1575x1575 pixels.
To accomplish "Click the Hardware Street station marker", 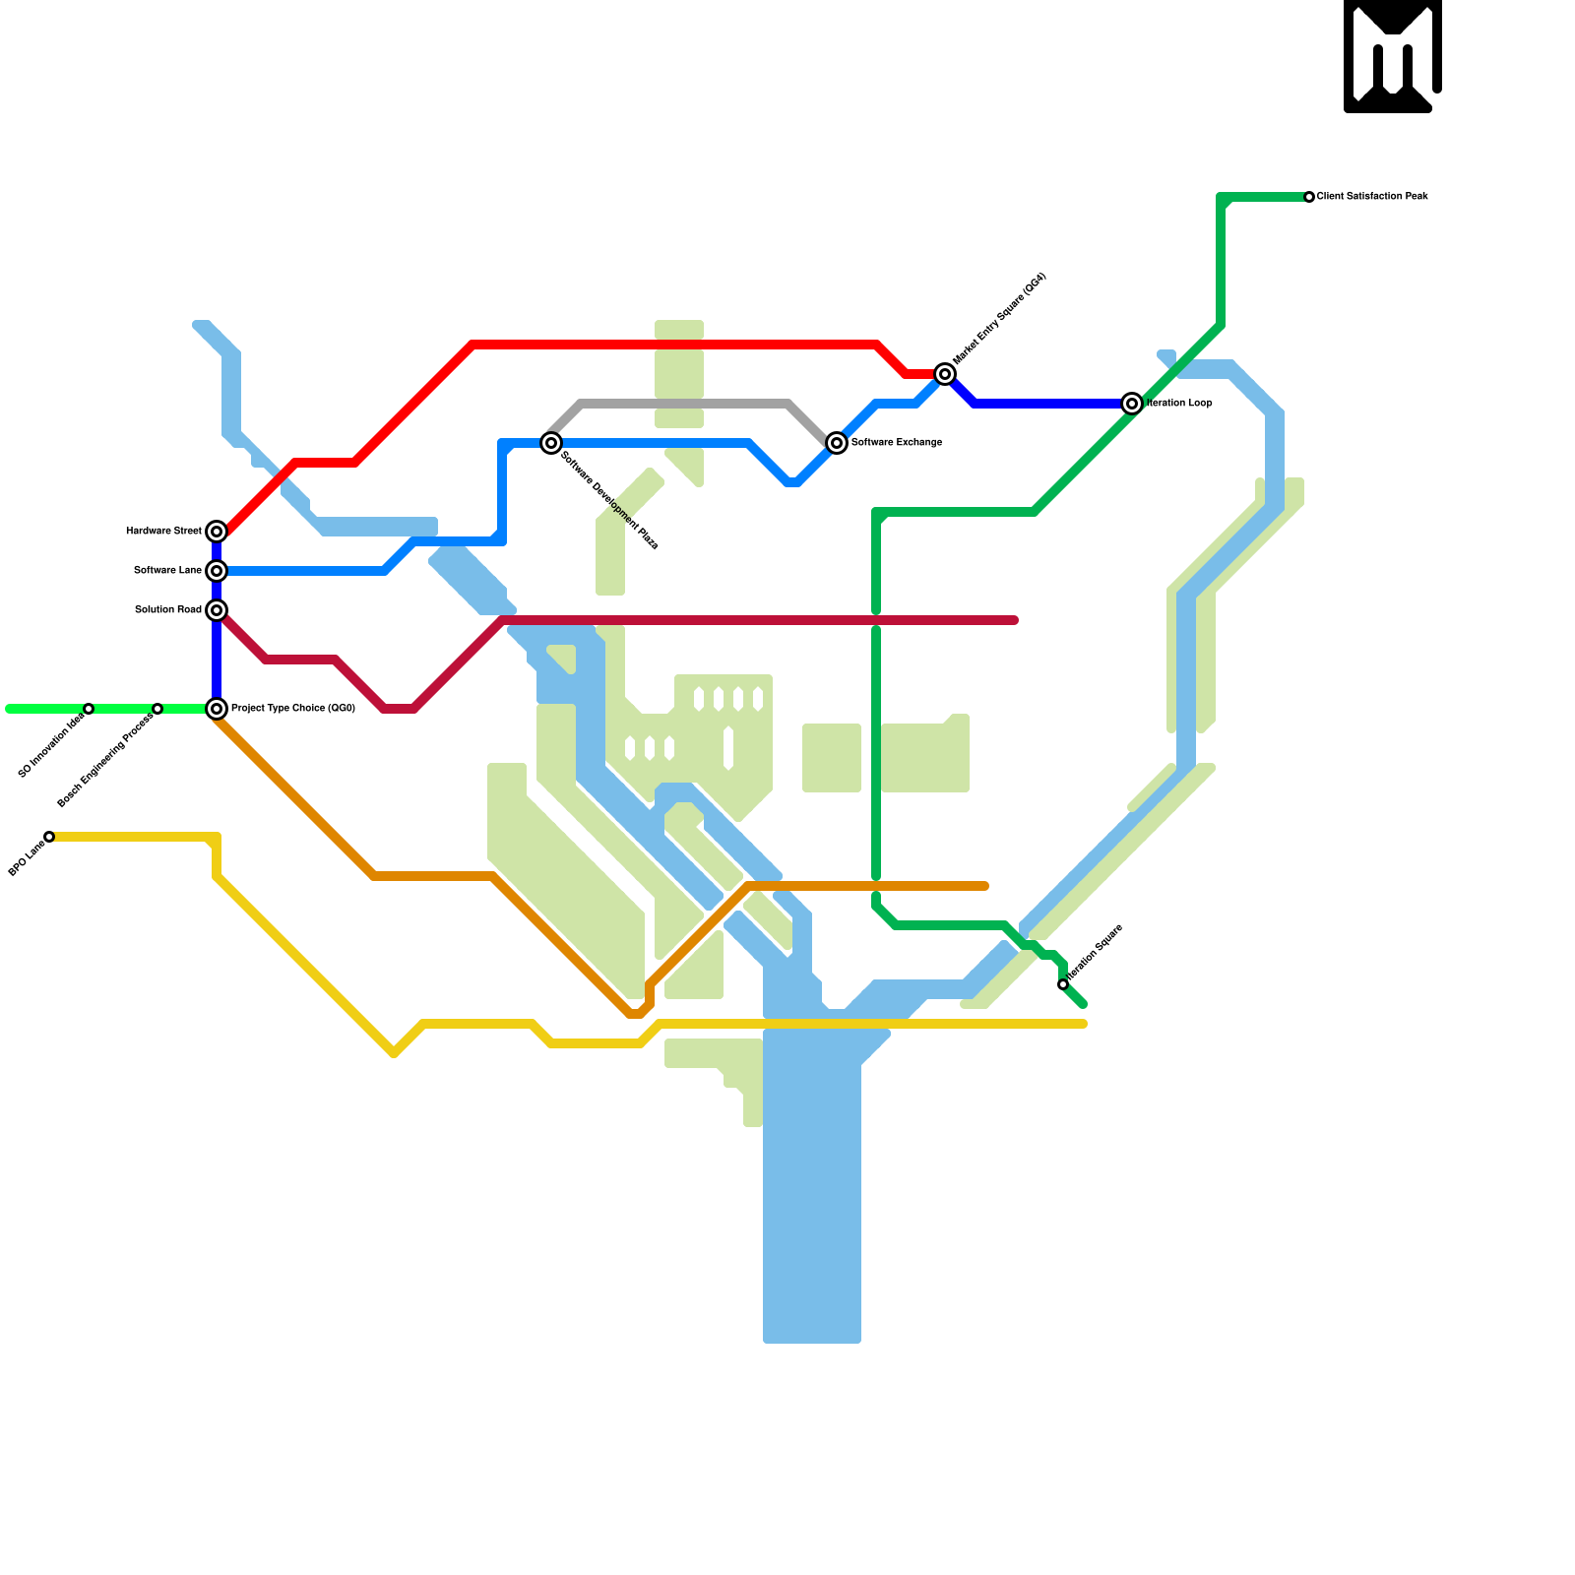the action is coord(217,532).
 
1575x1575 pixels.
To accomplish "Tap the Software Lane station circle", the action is coord(217,571).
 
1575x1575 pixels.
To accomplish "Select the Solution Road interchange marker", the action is coord(217,610).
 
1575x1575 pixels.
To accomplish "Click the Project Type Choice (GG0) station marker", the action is coord(217,709).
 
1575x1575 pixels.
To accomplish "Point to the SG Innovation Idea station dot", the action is coord(89,709).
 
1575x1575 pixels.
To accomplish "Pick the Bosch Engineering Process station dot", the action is coord(157,709).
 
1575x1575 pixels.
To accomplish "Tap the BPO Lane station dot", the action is coord(49,837).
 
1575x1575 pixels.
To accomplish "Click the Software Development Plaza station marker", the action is coord(551,443).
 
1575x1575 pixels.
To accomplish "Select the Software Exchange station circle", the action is coord(837,443).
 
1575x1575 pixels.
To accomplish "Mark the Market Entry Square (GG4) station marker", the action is coord(945,374).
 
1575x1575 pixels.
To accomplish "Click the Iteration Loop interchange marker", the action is coord(1132,404).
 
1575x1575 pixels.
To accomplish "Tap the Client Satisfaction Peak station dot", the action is coord(1309,197).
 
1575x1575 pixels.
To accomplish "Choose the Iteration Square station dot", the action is coord(1063,984).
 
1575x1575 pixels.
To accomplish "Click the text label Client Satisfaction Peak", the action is coord(1372,197).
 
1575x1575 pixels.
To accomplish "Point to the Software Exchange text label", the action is coord(897,443).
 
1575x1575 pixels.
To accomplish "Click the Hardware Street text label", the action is coord(163,532).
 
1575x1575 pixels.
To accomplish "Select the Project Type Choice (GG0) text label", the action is coord(293,709).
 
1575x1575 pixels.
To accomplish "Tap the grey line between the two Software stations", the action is coord(689,404).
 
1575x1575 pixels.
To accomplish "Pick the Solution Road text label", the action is coord(167,610).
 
